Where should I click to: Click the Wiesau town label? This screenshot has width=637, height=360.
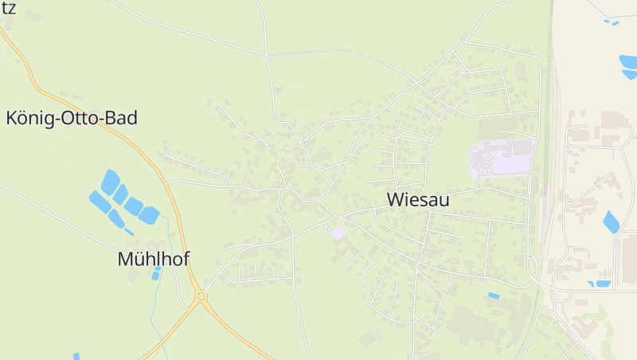pos(418,200)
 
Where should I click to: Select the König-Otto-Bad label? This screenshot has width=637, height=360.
pos(72,119)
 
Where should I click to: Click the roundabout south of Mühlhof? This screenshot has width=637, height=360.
pos(201,296)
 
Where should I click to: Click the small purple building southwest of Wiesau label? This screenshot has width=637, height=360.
pos(338,233)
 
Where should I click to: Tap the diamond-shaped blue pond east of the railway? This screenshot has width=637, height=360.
pos(612,221)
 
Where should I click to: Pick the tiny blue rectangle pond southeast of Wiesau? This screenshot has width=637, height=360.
pos(494,295)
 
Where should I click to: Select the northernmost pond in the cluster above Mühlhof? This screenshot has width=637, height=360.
pos(111,181)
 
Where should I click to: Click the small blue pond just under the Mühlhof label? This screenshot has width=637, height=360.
pos(156,275)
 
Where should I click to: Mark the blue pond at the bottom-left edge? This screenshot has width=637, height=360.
pos(76,356)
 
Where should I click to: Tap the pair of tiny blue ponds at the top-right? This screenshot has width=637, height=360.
pos(611,22)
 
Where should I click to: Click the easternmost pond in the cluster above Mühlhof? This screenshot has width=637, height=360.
pos(149,214)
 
